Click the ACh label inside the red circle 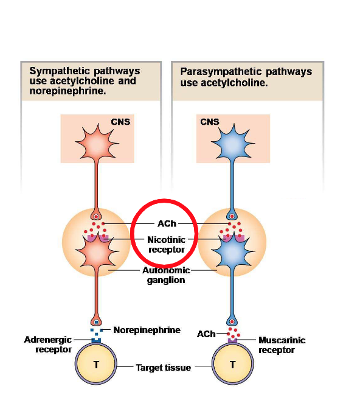(166, 224)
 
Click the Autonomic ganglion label (166, 275)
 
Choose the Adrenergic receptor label (48, 345)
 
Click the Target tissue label (163, 368)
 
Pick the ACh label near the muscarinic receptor (206, 334)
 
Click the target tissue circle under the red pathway (96, 365)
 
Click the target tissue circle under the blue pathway (232, 365)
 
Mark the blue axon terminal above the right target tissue (232, 321)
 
